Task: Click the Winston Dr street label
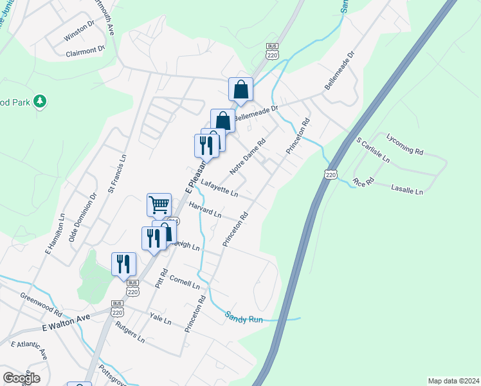(x=79, y=33)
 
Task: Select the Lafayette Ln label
(x=219, y=188)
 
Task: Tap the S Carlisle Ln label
(x=372, y=149)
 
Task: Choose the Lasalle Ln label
(x=407, y=190)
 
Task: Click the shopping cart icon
(x=159, y=205)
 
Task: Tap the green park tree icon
(x=40, y=101)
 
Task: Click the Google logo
(x=21, y=378)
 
